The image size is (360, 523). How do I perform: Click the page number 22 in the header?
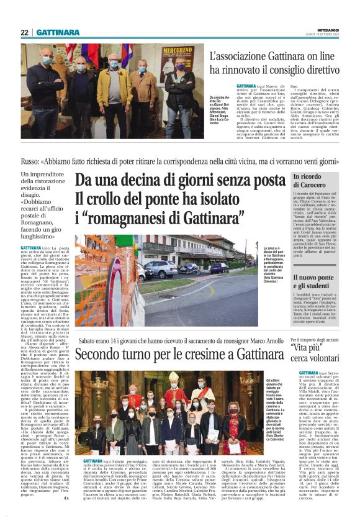click(x=24, y=32)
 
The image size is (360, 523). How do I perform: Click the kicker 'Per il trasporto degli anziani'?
click(x=322, y=340)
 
